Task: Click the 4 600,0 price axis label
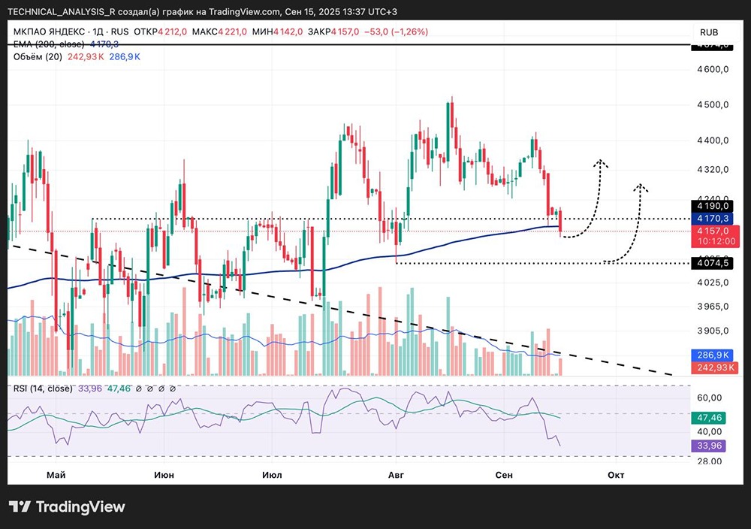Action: [x=713, y=70]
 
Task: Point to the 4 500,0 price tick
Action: [x=713, y=105]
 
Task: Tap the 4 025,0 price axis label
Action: [x=713, y=283]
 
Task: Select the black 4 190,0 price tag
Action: [x=710, y=205]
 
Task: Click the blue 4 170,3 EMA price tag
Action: [x=710, y=217]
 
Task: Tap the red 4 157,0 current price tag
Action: [x=710, y=231]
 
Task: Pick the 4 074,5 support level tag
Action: [x=710, y=264]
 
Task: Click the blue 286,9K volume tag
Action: [x=710, y=355]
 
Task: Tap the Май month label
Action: [x=56, y=475]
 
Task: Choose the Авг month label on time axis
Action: [x=397, y=475]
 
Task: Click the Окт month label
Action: [x=616, y=475]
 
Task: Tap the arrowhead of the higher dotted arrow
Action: [x=601, y=162]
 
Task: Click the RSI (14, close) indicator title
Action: [x=42, y=388]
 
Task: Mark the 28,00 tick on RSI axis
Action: [x=710, y=460]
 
